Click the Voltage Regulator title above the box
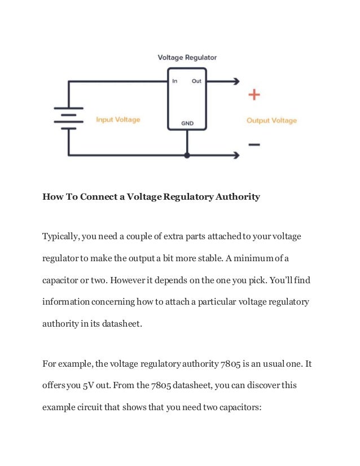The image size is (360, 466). [187, 57]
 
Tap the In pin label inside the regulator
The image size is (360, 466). [174, 81]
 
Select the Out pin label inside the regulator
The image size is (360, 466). [196, 81]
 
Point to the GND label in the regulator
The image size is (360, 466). [187, 122]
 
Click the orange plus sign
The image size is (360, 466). [254, 95]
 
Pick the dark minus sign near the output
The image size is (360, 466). [254, 144]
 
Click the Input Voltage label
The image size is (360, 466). [118, 120]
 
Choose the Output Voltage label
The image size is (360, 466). [271, 120]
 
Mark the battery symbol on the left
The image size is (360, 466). [68, 118]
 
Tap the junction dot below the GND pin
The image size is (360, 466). [187, 155]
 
